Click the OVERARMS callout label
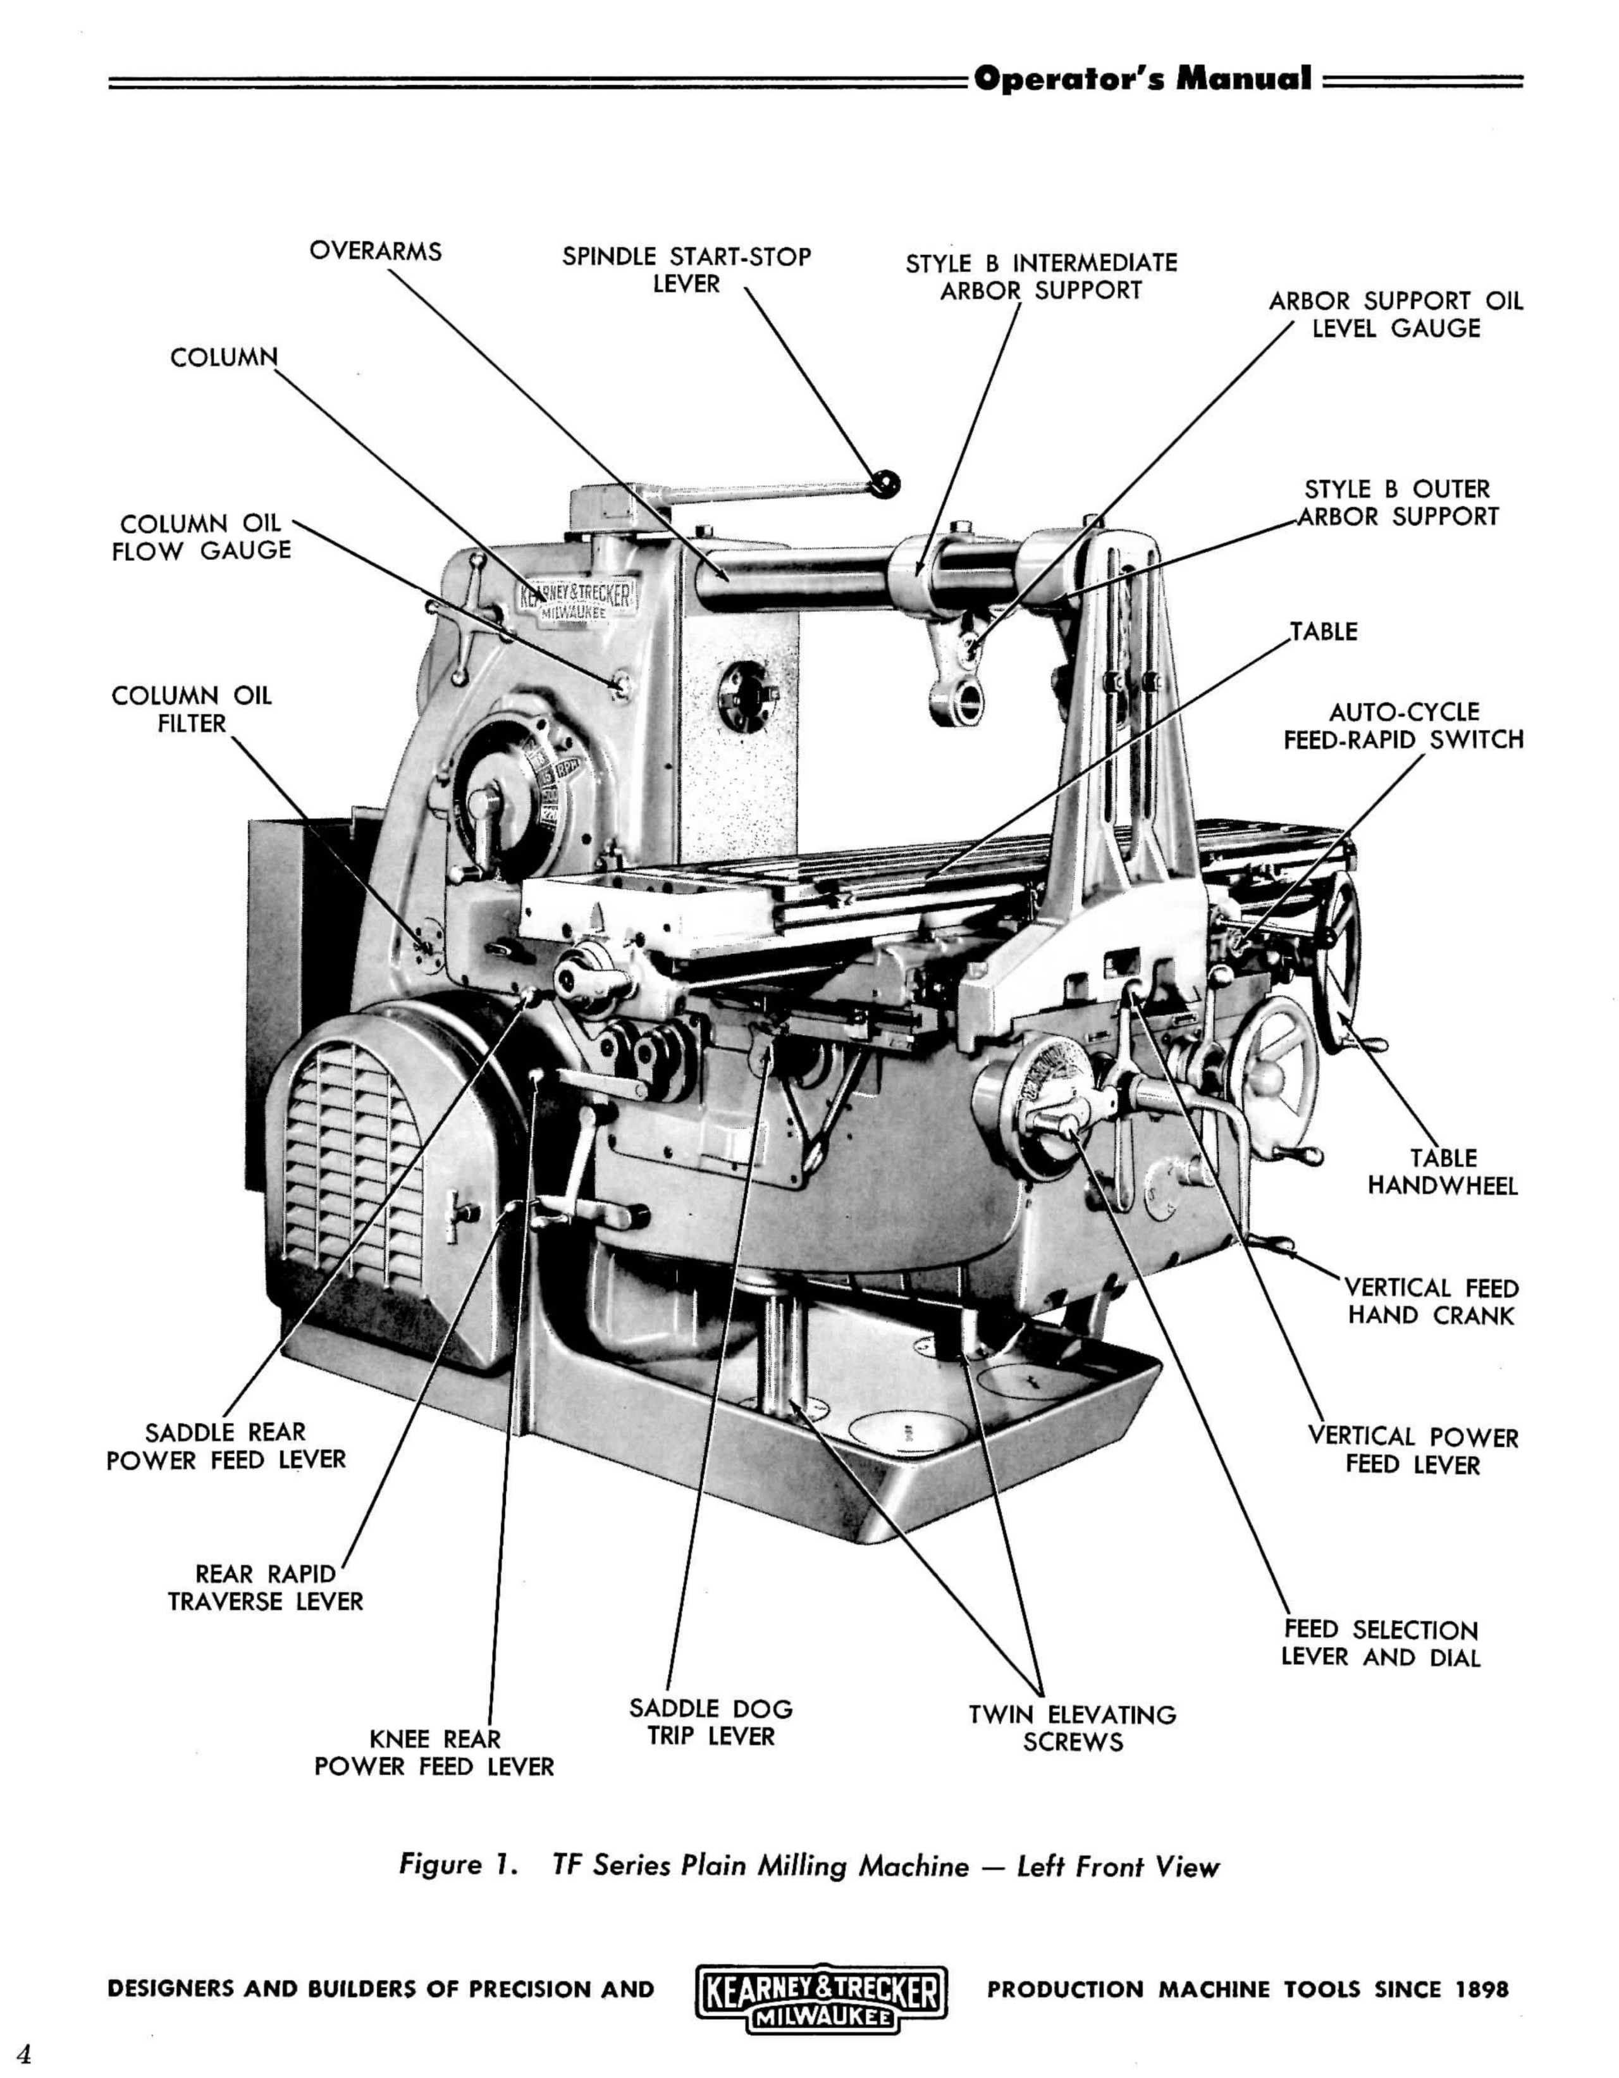point(375,252)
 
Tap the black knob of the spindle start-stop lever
point(887,483)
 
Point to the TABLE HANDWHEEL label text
point(1442,1172)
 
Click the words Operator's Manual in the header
point(1142,79)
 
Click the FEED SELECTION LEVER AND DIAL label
point(1380,1643)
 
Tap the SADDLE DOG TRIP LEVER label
point(711,1722)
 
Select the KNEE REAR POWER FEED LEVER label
point(434,1753)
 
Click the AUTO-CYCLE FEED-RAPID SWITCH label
point(1403,726)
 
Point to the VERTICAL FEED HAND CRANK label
point(1431,1302)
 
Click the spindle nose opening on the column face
point(747,698)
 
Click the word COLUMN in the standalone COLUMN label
point(225,358)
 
